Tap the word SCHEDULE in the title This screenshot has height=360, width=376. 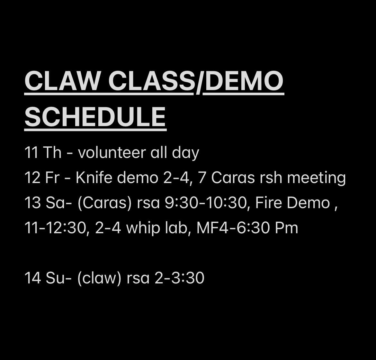point(95,116)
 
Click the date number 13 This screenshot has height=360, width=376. point(32,203)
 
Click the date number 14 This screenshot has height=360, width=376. point(32,278)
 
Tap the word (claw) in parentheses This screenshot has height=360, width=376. point(99,278)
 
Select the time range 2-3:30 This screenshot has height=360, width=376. point(179,278)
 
